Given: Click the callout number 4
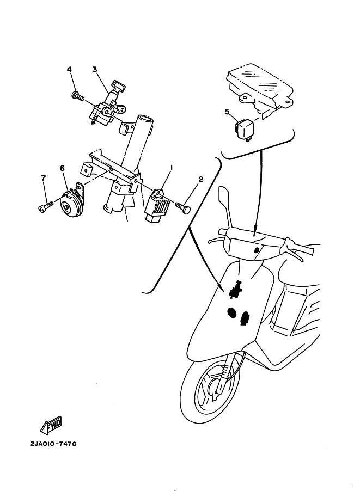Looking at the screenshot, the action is click(70, 69).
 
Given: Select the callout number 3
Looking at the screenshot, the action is click(95, 69).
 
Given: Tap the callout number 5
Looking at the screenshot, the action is click(227, 112).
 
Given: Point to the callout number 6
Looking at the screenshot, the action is click(62, 168).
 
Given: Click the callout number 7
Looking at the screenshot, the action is click(44, 179).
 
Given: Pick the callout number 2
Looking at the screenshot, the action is click(200, 180).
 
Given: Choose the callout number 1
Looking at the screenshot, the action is click(172, 167).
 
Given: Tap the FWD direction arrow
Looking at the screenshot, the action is click(51, 425).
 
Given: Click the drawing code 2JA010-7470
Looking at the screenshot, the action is click(53, 444).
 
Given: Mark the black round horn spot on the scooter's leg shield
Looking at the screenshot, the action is click(231, 313).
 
